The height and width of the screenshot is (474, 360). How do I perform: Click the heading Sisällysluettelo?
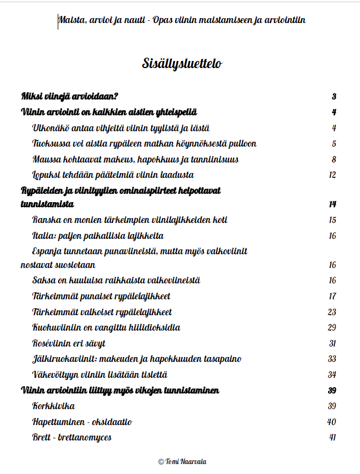coord(181,64)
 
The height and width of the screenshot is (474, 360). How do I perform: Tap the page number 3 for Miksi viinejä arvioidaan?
coord(334,97)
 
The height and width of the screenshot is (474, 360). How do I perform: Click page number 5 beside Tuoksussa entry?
coord(334,144)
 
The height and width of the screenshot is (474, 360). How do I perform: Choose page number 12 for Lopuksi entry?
coord(331,175)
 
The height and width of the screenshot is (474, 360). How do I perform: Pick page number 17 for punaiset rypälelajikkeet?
coord(332,297)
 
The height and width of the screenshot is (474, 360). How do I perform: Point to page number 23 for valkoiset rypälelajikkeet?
coord(331,312)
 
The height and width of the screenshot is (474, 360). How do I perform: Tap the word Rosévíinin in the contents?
coord(53,344)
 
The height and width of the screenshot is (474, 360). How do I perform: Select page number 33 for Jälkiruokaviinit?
coord(331,359)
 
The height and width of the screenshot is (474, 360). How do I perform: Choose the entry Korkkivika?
coord(53,406)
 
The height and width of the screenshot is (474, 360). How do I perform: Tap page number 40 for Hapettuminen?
coord(331,422)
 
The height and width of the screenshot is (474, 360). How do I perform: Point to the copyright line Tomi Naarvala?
coord(182,462)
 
